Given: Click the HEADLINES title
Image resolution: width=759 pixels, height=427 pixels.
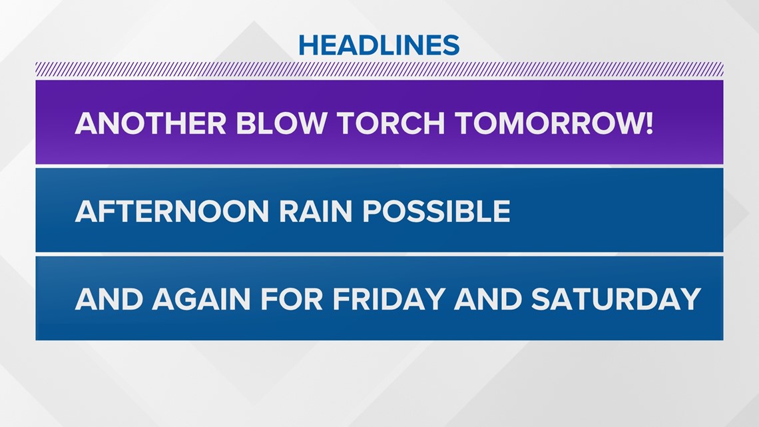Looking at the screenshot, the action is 379,45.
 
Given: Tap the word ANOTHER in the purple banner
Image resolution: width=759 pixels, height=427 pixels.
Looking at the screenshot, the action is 150,123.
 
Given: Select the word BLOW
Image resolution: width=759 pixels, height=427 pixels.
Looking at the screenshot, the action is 281,123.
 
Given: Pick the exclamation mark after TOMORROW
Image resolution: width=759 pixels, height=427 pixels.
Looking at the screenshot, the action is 648,123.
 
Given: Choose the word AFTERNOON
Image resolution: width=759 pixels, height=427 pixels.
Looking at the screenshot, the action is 172,211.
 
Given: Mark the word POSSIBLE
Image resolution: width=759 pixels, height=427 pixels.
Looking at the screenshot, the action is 436,211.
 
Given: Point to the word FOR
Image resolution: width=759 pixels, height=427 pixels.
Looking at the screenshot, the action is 292,298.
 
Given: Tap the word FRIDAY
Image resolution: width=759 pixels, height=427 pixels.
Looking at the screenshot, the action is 389,298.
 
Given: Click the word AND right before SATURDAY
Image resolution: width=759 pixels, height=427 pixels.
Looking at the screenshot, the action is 488,298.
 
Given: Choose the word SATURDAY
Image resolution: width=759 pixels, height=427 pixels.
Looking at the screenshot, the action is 617,298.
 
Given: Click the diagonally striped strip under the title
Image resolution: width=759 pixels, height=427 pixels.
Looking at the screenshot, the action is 379,69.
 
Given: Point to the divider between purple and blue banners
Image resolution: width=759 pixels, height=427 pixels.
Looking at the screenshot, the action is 379,166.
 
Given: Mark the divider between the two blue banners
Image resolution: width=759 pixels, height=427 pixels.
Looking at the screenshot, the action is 379,254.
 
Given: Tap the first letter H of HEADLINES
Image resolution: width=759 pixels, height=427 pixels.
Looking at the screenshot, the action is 308,45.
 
